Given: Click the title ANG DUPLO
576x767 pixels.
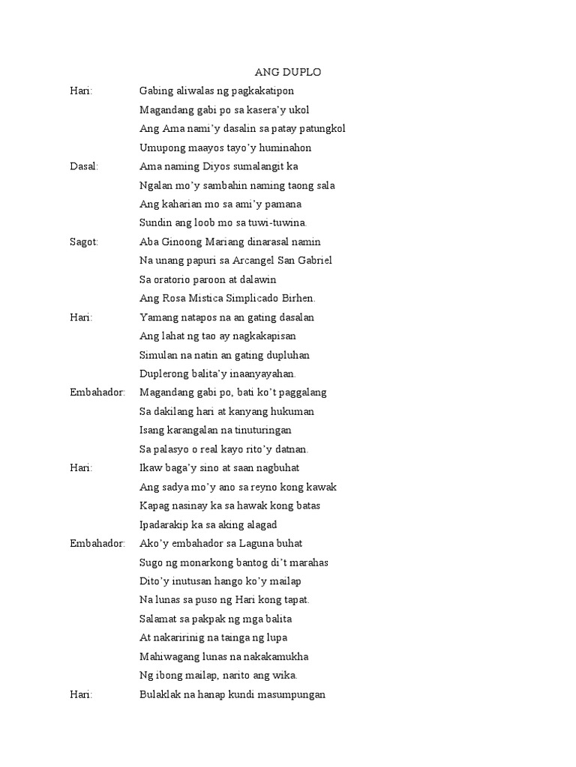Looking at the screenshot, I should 288,72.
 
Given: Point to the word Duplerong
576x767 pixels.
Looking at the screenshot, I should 163,374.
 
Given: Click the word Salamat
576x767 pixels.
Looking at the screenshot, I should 159,619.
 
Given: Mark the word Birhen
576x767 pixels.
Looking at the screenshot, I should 297,298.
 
